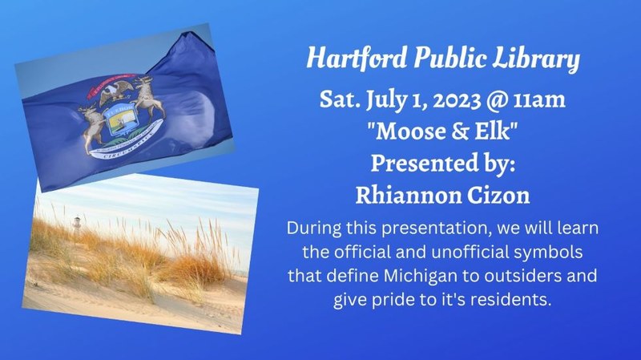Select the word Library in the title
click(x=546, y=59)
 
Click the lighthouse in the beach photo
click(x=77, y=224)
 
